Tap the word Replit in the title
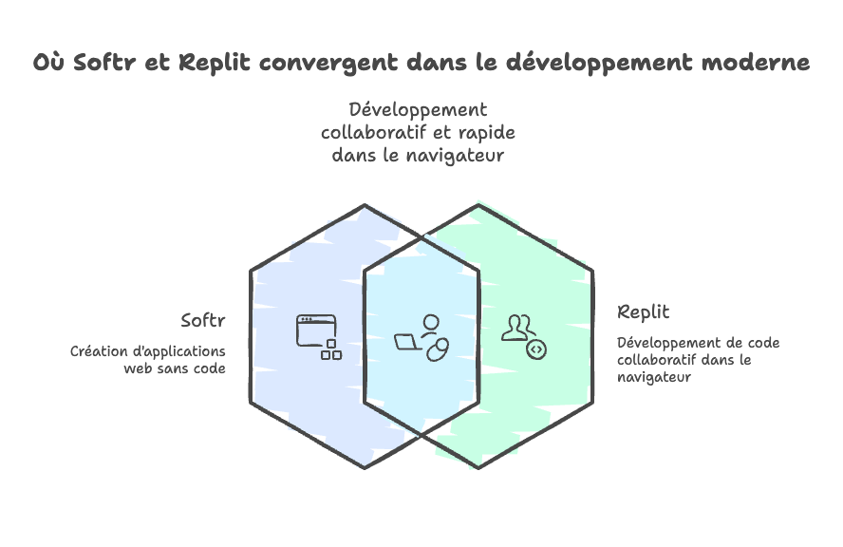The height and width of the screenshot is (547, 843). click(x=214, y=64)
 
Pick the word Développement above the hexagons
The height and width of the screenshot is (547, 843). click(x=418, y=109)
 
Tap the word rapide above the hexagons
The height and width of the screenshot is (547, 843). click(x=485, y=131)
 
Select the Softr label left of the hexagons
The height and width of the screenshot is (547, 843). click(x=203, y=320)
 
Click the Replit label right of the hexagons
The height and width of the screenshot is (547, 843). click(x=643, y=311)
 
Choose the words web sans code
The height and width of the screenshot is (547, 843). click(x=175, y=368)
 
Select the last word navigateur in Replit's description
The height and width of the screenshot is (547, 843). click(x=653, y=377)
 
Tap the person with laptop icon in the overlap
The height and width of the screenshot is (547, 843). click(x=421, y=336)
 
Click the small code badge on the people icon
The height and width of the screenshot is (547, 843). click(x=536, y=349)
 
